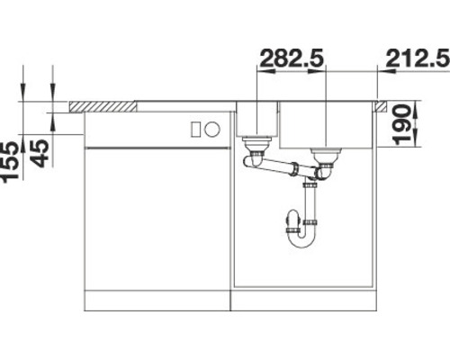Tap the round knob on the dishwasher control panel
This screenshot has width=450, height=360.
(212, 129)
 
